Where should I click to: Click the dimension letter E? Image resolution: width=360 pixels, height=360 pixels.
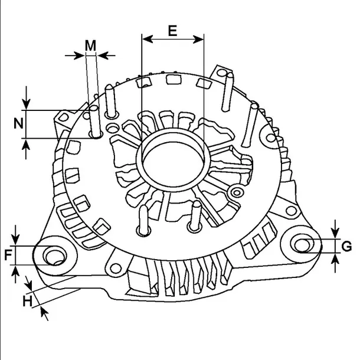click(172, 31)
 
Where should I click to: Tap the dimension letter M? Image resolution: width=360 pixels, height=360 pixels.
click(90, 45)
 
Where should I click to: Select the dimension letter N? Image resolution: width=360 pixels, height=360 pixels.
click(18, 124)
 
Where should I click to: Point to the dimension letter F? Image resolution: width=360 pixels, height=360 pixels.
click(8, 256)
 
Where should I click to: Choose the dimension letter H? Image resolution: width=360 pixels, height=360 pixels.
click(27, 301)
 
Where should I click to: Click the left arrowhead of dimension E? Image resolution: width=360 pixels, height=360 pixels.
click(147, 39)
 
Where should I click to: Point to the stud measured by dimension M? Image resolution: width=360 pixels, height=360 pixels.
click(93, 121)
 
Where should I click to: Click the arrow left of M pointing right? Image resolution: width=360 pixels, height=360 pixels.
click(79, 55)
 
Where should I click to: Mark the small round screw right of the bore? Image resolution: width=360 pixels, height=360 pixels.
click(238, 191)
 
